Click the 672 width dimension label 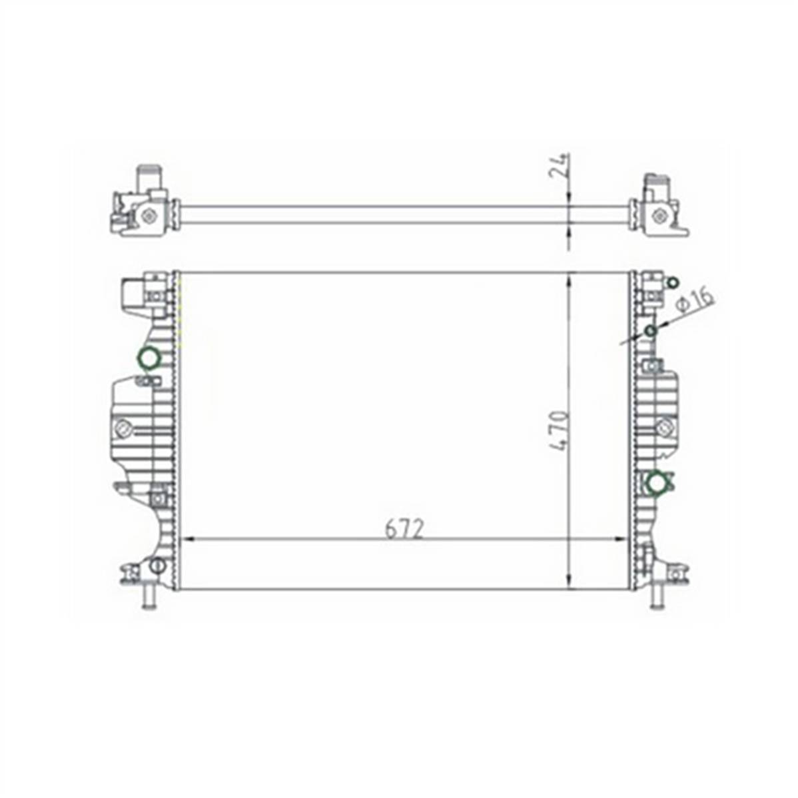click(x=404, y=530)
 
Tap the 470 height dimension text click(x=560, y=431)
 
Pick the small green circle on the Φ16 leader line click(x=651, y=331)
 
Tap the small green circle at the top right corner click(x=673, y=283)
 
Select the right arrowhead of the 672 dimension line click(x=623, y=539)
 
